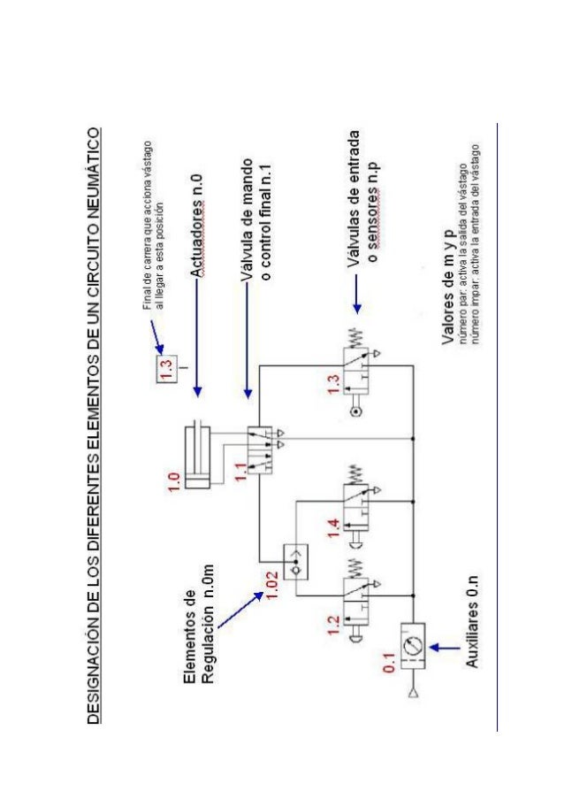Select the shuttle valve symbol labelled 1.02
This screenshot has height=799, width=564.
coord(292,558)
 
